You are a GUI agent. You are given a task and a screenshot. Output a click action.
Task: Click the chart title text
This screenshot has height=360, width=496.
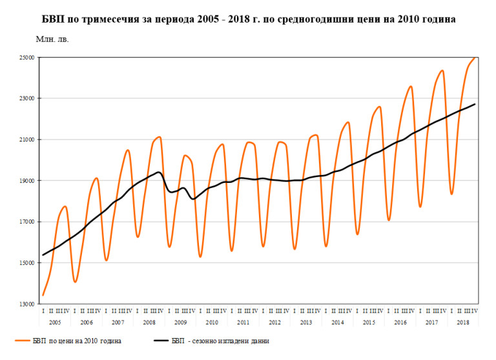(248, 19)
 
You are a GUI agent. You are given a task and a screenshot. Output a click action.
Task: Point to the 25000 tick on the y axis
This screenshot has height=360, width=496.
(26, 58)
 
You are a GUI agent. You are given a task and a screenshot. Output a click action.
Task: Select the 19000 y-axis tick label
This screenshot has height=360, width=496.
(26, 181)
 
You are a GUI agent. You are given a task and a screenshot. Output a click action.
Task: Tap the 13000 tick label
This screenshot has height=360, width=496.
(26, 304)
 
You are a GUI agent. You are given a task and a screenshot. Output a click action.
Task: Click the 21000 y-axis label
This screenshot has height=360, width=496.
(26, 140)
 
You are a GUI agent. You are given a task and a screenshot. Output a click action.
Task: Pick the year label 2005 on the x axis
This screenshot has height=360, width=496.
(55, 322)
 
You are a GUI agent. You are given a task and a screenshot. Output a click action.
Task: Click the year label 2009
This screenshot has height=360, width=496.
(181, 322)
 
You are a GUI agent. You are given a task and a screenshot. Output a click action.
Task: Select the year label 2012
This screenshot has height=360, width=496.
(275, 322)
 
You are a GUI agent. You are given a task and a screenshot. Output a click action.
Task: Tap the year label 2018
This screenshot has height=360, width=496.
(464, 322)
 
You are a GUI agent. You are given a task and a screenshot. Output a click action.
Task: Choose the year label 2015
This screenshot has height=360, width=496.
(369, 322)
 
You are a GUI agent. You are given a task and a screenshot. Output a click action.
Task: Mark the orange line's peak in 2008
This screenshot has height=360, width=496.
(159, 137)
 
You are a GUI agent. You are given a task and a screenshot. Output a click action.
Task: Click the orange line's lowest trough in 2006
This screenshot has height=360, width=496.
(75, 282)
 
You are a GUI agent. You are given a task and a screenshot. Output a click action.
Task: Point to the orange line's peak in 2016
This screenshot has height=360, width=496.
(411, 86)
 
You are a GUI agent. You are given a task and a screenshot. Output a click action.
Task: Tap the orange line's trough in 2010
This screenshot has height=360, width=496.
(200, 257)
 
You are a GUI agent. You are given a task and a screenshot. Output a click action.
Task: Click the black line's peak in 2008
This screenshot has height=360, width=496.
(159, 172)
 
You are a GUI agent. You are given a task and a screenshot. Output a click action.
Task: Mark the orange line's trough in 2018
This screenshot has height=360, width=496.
(452, 194)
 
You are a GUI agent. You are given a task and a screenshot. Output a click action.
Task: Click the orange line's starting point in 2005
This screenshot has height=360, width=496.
(43, 295)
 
